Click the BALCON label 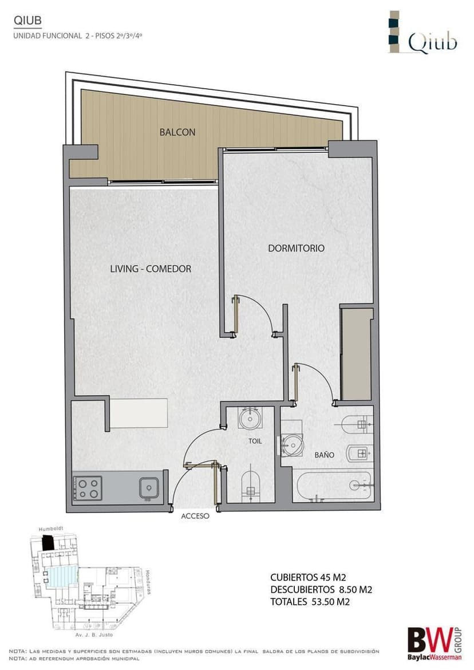[177, 132]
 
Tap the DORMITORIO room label [296, 248]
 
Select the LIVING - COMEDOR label [151, 269]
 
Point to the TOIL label [255, 441]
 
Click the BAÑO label [324, 455]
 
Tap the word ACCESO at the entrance [195, 516]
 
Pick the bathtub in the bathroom [333, 486]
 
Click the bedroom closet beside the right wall [356, 353]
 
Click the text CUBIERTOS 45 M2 [308, 577]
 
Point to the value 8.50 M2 [355, 590]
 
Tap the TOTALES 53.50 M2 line [310, 602]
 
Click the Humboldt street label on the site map [51, 529]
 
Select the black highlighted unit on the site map [48, 543]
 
